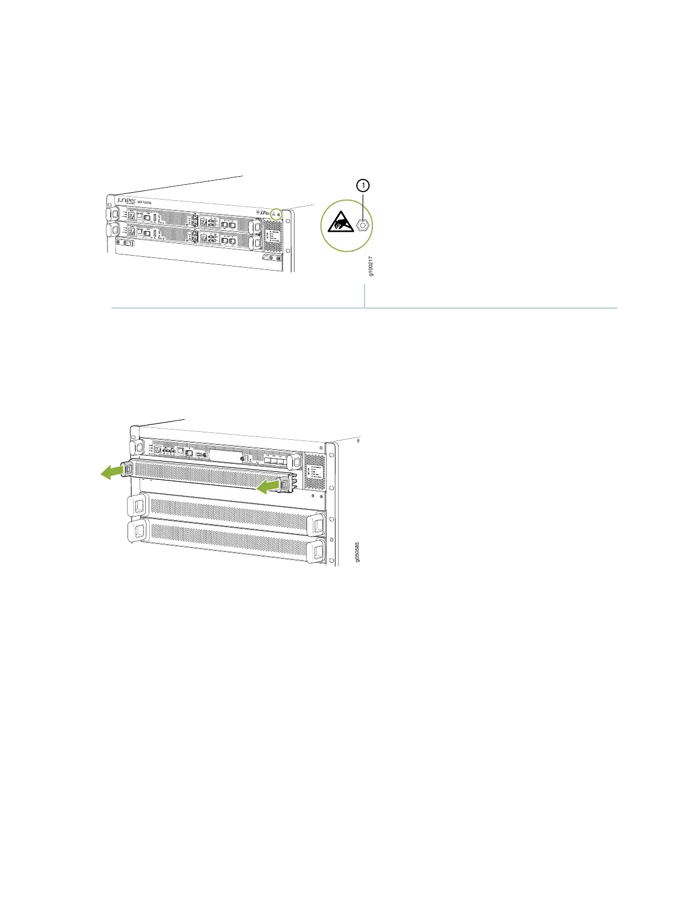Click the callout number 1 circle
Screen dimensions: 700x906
(x=363, y=185)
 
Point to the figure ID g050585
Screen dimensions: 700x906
(x=357, y=553)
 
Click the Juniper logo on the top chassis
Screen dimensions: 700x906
(x=126, y=201)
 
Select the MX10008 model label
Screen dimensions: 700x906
(x=144, y=202)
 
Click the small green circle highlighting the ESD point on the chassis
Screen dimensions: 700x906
(x=276, y=213)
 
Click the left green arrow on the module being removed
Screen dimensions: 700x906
(x=111, y=471)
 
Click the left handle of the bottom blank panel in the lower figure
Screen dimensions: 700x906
(x=138, y=531)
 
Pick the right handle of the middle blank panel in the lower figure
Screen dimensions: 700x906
(x=316, y=524)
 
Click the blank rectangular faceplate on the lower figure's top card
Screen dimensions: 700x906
(x=226, y=455)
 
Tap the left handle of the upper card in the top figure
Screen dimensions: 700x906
(x=112, y=213)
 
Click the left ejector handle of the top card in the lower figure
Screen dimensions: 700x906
(x=137, y=446)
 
